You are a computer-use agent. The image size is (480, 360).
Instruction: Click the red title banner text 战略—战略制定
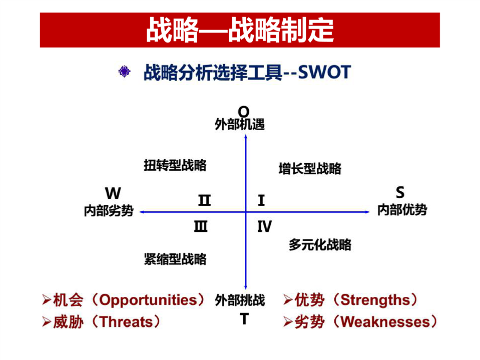pyautogui.click(x=240, y=30)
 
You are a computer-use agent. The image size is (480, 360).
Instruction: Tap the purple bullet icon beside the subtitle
pyautogui.click(x=124, y=71)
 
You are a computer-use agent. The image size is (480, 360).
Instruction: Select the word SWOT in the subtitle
pyautogui.click(x=324, y=72)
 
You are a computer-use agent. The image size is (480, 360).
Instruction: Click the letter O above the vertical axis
pyautogui.click(x=244, y=112)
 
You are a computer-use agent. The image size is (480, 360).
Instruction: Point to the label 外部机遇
pyautogui.click(x=240, y=125)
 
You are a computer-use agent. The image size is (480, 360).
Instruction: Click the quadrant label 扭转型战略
pyautogui.click(x=175, y=165)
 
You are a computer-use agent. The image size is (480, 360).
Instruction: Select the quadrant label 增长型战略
pyautogui.click(x=310, y=169)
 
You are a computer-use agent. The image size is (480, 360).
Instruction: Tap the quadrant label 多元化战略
pyautogui.click(x=320, y=245)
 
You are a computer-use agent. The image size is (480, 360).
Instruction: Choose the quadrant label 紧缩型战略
pyautogui.click(x=175, y=259)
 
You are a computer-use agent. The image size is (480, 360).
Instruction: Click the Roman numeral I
pyautogui.click(x=261, y=200)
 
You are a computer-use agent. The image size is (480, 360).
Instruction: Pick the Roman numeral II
pyautogui.click(x=205, y=200)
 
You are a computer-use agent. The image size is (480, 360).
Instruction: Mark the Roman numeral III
pyautogui.click(x=201, y=226)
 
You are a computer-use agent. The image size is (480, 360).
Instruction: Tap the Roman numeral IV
pyautogui.click(x=264, y=226)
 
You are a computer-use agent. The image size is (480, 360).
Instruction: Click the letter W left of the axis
pyautogui.click(x=113, y=193)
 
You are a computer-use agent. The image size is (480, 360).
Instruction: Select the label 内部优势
pyautogui.click(x=402, y=210)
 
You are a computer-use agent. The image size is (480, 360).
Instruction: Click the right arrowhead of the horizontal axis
pyautogui.click(x=367, y=212)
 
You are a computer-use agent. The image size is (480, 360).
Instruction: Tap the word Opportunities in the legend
pyautogui.click(x=149, y=300)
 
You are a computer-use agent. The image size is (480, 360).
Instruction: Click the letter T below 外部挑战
pyautogui.click(x=244, y=319)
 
